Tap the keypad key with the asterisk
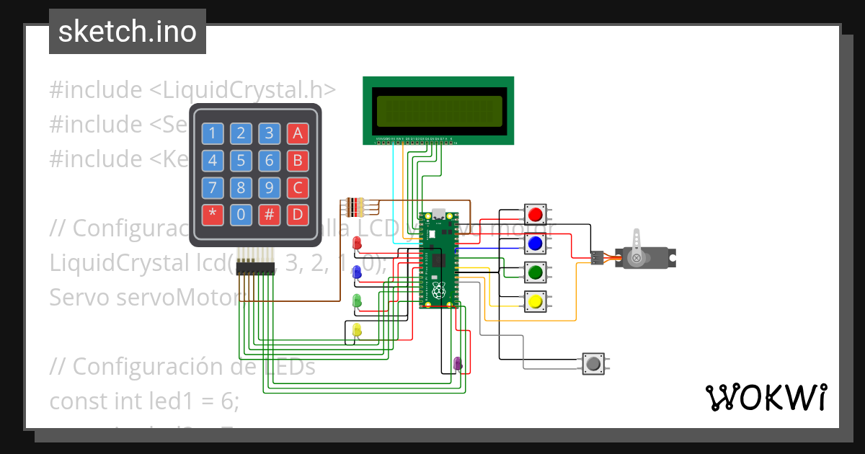(x=213, y=214)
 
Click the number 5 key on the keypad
(x=241, y=160)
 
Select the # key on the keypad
(x=269, y=214)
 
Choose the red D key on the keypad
(x=297, y=214)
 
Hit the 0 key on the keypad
(x=241, y=214)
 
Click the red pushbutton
(x=535, y=215)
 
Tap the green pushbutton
(x=535, y=272)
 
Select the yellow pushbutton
(x=535, y=301)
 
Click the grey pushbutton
(x=593, y=362)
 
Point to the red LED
(x=356, y=244)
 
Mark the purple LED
(x=457, y=362)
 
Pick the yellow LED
(x=356, y=330)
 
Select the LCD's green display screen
(x=438, y=110)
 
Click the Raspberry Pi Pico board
(x=438, y=259)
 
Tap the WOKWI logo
(x=765, y=397)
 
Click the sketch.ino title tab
(x=128, y=32)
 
